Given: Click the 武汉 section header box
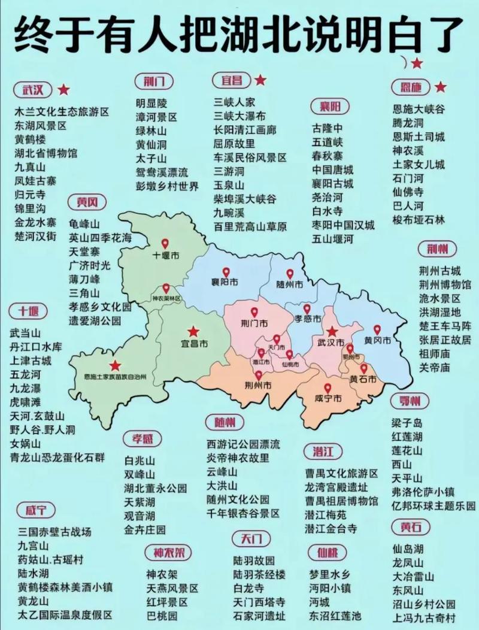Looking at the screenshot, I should [x=34, y=90].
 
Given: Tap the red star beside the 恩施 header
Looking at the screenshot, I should [x=441, y=87].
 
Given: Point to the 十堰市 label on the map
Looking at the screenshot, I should [x=166, y=256].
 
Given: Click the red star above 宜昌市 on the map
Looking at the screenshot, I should [x=193, y=331].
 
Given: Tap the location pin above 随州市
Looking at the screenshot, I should [x=290, y=273].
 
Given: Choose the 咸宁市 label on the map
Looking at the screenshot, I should [x=328, y=399].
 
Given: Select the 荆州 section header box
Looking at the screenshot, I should [x=441, y=249].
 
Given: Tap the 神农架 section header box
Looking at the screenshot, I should [x=168, y=552].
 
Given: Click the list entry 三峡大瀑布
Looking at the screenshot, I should [x=239, y=116].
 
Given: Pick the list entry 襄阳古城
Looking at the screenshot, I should [x=332, y=183].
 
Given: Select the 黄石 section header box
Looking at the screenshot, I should [x=411, y=527].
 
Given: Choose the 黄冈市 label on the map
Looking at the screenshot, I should [x=377, y=341].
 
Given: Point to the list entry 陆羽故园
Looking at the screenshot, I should [x=254, y=561].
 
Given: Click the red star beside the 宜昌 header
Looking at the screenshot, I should [x=260, y=80].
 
